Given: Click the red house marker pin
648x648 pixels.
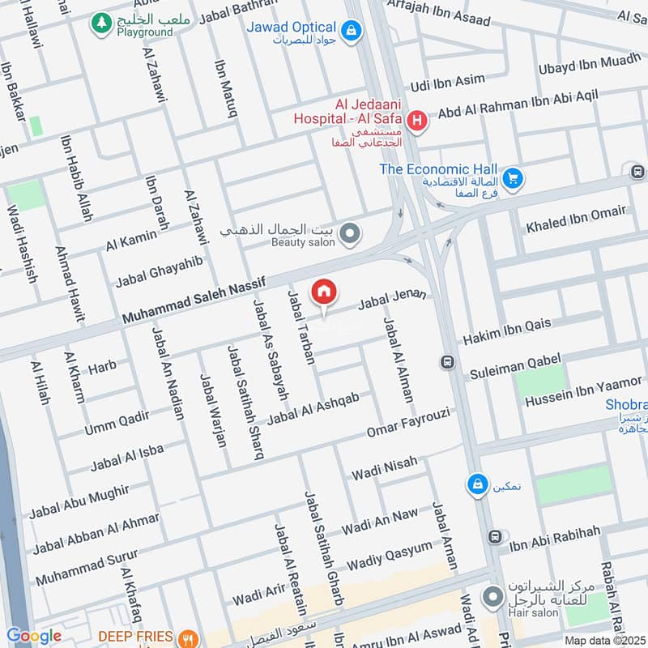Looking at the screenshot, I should click(324, 292).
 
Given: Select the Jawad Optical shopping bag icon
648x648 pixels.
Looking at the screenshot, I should click(350, 31).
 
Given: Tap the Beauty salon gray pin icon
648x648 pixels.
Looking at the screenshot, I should click(350, 235).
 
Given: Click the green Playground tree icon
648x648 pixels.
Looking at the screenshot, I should click(102, 23).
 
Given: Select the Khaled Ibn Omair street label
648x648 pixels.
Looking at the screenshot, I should click(576, 219).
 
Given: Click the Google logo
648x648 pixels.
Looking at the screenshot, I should click(33, 637).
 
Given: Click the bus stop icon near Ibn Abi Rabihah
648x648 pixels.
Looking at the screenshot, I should click(494, 537).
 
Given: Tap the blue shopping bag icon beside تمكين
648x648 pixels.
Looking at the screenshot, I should click(477, 484).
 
